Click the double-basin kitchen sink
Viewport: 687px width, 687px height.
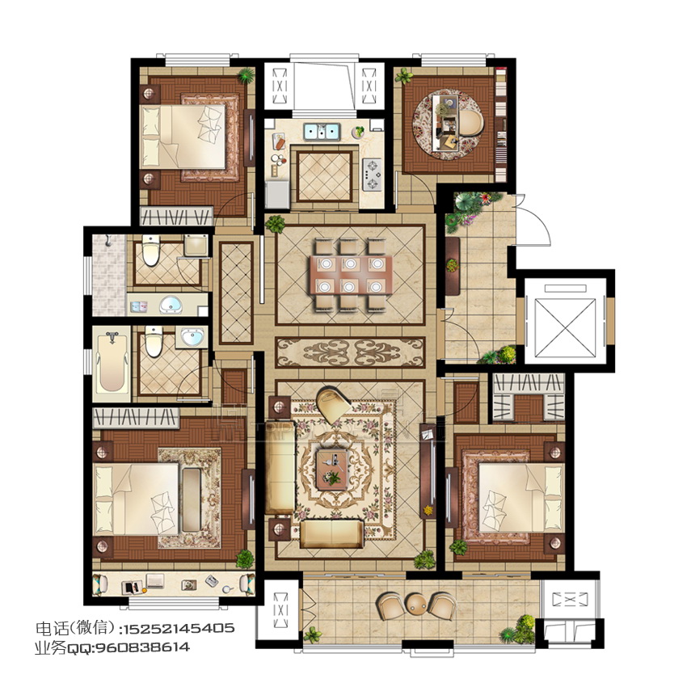322,132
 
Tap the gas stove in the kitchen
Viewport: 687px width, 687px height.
372,175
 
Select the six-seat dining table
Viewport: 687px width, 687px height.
349,275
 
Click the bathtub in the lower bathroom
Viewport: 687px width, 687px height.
112,363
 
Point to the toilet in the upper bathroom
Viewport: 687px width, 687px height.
150,251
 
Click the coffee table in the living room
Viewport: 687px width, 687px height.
332,470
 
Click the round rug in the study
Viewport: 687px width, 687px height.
449,125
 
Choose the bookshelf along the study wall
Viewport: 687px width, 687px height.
500,124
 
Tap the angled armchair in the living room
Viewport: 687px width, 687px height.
332,402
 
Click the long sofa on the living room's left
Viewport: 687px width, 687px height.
279,466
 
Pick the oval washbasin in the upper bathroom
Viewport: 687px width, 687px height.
171,305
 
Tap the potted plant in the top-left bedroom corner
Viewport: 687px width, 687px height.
246,76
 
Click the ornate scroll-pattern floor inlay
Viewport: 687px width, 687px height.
351,352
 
